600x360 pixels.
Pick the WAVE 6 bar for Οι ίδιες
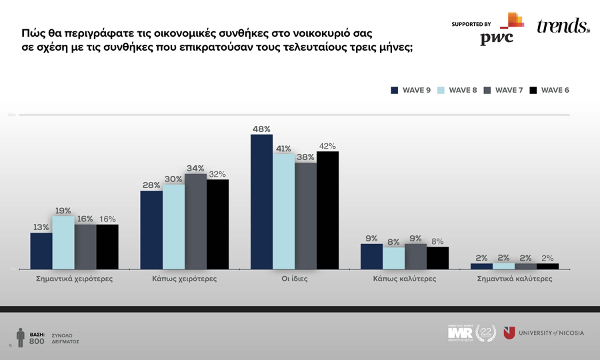point(327,211)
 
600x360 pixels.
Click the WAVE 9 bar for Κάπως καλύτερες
point(371,257)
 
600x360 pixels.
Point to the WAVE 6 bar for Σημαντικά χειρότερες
point(107,247)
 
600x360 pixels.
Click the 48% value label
point(261,129)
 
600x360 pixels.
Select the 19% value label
point(63,211)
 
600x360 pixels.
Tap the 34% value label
point(195,168)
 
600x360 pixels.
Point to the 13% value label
point(41,227)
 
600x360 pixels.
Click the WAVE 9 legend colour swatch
point(395,91)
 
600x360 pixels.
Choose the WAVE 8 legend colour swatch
point(441,91)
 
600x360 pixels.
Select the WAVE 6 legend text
point(555,91)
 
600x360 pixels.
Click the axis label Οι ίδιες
point(295,279)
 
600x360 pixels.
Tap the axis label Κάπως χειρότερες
point(185,279)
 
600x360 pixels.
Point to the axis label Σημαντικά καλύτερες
point(515,279)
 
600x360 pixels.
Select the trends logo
point(563,26)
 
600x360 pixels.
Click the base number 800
point(37,341)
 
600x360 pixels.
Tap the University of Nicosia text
point(551,333)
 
